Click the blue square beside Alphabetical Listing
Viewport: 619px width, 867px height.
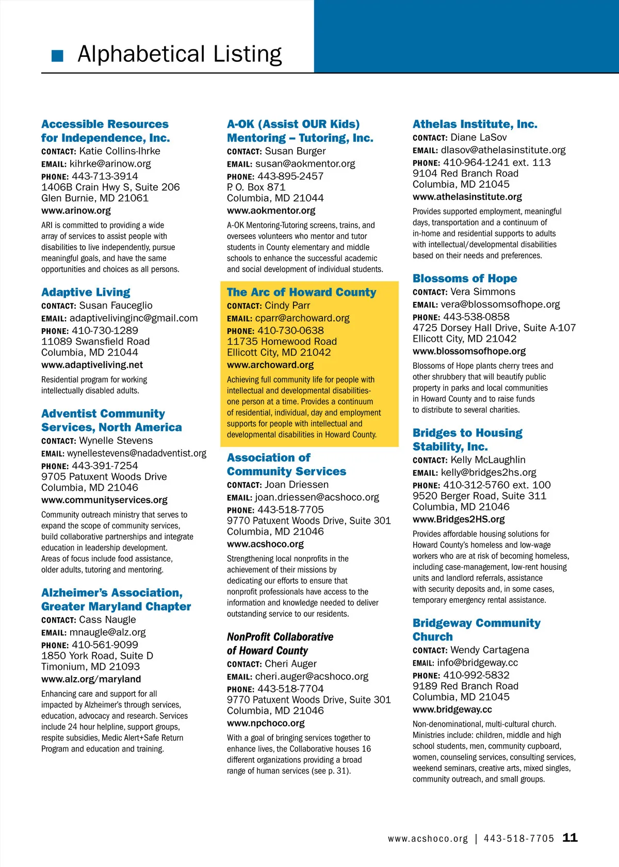57,56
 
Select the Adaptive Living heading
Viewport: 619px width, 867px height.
86,292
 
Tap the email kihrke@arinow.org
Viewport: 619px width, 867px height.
110,164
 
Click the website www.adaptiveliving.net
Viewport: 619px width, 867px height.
92,365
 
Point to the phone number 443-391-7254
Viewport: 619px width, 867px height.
105,465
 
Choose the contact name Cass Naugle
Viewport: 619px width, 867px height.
107,619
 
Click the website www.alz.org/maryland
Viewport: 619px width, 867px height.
91,679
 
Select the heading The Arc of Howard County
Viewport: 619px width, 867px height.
301,292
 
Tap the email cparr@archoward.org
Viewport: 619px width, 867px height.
302,318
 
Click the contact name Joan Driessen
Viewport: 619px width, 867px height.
296,485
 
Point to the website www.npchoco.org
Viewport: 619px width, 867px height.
266,723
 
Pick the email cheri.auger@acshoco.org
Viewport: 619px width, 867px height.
312,676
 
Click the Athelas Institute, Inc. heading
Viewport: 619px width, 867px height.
475,124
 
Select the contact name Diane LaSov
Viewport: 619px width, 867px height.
478,137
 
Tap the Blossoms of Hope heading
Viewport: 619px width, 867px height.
464,278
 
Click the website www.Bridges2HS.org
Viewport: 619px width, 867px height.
458,519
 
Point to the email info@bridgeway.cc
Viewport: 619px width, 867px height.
477,662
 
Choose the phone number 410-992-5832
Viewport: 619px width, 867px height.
476,675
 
